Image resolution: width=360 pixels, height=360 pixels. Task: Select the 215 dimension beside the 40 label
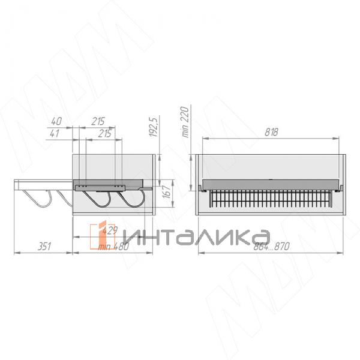[98, 122]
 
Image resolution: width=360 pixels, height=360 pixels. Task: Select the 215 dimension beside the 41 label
[105, 133]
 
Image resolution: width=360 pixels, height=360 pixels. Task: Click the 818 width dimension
[271, 133]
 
